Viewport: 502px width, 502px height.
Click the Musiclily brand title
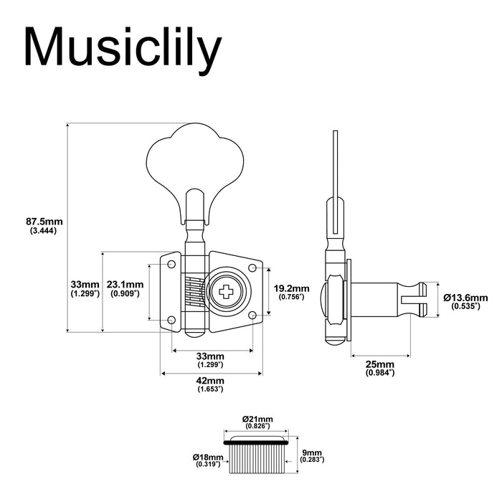pos(122,49)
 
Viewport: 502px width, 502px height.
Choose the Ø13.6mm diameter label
pos(465,297)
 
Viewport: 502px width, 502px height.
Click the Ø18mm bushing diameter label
pos(207,457)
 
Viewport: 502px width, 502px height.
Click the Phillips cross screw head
pos(227,291)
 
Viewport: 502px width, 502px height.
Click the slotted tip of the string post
pos(422,298)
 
